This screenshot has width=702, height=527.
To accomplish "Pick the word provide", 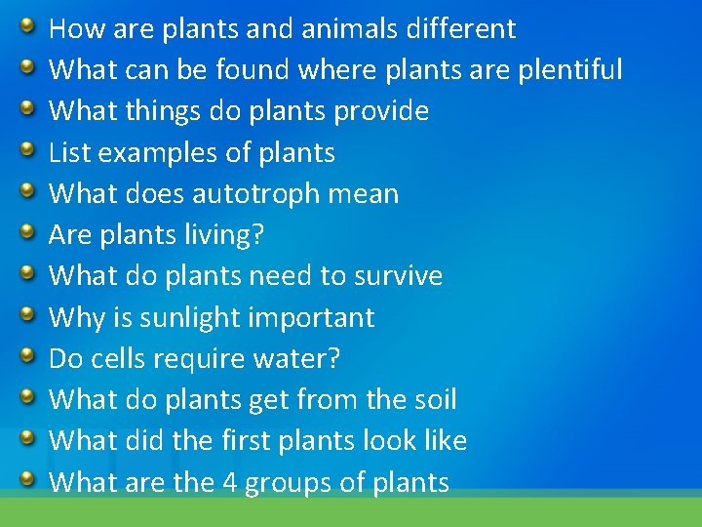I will (x=381, y=111).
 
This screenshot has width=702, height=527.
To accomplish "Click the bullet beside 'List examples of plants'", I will (x=29, y=149).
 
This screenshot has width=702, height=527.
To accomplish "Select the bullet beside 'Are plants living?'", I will (x=29, y=231).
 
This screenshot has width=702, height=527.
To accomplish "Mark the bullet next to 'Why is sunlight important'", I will (x=29, y=314).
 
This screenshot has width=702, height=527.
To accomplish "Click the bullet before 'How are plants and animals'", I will (x=29, y=25).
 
